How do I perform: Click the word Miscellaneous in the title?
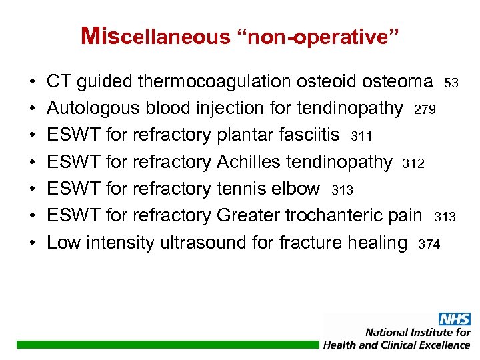click(154, 37)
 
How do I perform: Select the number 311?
click(361, 137)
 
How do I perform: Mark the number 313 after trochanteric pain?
click(445, 217)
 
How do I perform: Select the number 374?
click(429, 245)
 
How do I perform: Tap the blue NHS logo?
click(454, 319)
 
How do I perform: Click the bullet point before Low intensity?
click(33, 243)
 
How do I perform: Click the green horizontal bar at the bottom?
click(167, 344)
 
